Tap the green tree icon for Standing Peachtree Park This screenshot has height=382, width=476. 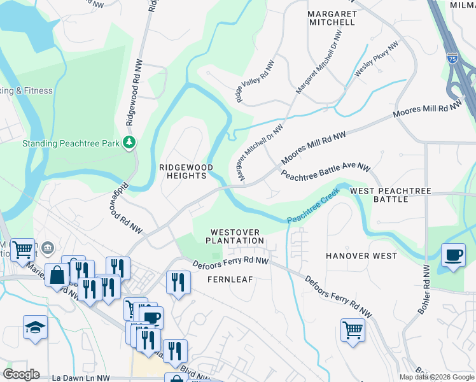coord(130,142)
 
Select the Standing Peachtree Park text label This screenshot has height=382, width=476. coord(71,144)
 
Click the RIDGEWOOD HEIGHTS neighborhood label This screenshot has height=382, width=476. coord(185,171)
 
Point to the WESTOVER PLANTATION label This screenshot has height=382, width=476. coord(235,236)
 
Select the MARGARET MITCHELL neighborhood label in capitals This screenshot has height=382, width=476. coord(331,18)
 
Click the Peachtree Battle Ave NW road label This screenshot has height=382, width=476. coord(325,171)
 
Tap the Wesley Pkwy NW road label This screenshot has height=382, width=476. coord(376,60)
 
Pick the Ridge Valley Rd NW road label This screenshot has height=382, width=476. coord(255,81)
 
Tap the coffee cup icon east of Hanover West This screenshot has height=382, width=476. coord(453,256)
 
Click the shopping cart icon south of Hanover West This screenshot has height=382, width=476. coord(353,330)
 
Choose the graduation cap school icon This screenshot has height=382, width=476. coord(36,328)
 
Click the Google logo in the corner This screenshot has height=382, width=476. coord(21,374)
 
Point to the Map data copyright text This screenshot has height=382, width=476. coord(436,377)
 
